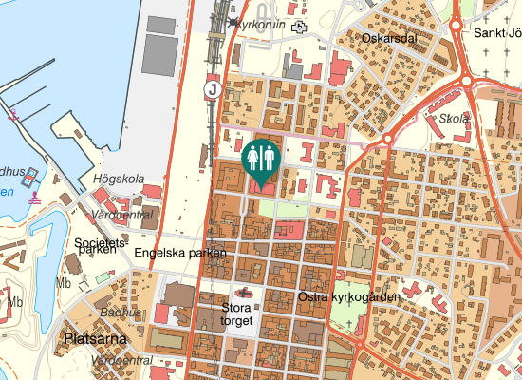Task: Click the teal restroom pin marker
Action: tap(259, 159)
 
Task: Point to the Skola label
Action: tap(455, 119)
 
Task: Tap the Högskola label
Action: tap(119, 179)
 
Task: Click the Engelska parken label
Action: tap(180, 253)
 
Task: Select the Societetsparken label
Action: tap(101, 249)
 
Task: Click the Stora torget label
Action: tap(236, 314)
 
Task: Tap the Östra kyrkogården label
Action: tap(348, 297)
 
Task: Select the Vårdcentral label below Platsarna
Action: tap(122, 361)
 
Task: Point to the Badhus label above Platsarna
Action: tap(121, 313)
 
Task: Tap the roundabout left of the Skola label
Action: tap(386, 140)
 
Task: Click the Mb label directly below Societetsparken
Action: tap(65, 283)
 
